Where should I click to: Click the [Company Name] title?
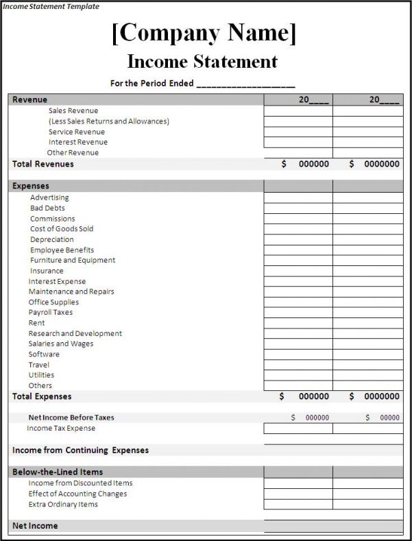click(x=204, y=34)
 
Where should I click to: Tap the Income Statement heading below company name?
click(x=202, y=61)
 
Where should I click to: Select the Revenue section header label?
click(x=29, y=99)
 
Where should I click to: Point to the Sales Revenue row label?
click(x=73, y=110)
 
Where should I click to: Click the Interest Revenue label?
click(x=77, y=142)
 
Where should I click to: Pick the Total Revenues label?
click(x=43, y=164)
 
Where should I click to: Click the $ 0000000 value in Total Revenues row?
click(x=374, y=164)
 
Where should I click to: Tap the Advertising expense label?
click(x=49, y=197)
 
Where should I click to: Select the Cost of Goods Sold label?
click(x=62, y=228)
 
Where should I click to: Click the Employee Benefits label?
click(x=62, y=250)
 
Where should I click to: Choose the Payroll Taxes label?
click(x=50, y=312)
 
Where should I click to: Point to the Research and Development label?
click(x=75, y=333)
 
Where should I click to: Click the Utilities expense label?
click(x=41, y=375)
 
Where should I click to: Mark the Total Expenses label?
click(x=42, y=396)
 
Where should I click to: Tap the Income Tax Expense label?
click(x=61, y=428)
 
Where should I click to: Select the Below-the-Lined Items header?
click(x=58, y=472)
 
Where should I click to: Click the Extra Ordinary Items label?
click(x=63, y=504)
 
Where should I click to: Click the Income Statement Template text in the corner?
click(x=51, y=6)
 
